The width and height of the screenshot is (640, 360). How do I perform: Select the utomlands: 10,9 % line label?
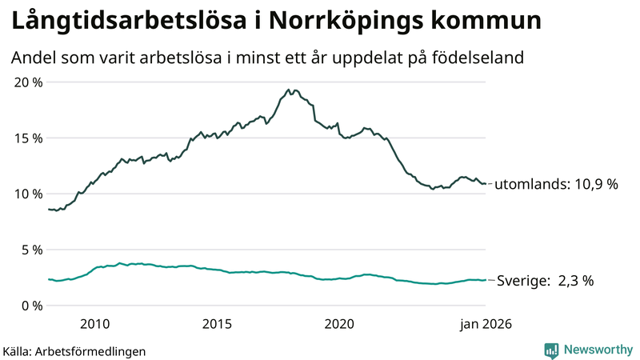tap(557, 184)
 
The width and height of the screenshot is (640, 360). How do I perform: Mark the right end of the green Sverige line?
tap(486, 280)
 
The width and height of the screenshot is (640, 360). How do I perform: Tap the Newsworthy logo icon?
tap(551, 350)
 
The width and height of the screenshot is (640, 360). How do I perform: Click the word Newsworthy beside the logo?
tap(597, 350)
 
